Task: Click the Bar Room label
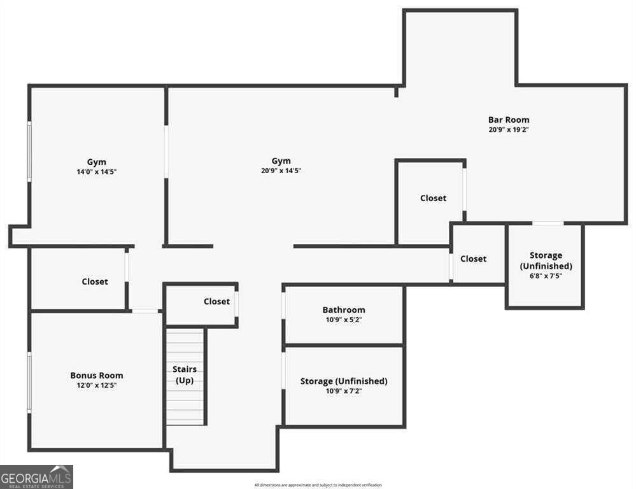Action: pyautogui.click(x=509, y=120)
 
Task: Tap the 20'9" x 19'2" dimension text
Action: pyautogui.click(x=509, y=130)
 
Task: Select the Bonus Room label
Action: pyautogui.click(x=97, y=376)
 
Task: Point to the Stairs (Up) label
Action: pyautogui.click(x=185, y=374)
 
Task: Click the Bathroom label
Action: pyautogui.click(x=344, y=309)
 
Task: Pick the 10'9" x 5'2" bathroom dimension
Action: pyautogui.click(x=344, y=320)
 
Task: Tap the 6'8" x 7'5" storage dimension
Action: pyautogui.click(x=546, y=276)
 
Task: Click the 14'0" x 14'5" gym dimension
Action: pyautogui.click(x=97, y=172)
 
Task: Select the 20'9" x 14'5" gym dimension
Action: pyautogui.click(x=281, y=171)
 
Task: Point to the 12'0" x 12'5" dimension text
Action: pyautogui.click(x=97, y=385)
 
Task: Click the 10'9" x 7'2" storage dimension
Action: pyautogui.click(x=344, y=391)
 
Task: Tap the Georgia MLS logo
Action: pyautogui.click(x=36, y=477)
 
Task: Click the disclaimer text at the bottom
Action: pyautogui.click(x=318, y=485)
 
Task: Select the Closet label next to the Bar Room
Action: pyautogui.click(x=433, y=198)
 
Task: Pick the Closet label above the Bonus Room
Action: pyautogui.click(x=95, y=281)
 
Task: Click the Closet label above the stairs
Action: pyautogui.click(x=216, y=302)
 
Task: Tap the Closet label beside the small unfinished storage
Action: pyautogui.click(x=474, y=259)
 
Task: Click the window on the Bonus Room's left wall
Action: pyautogui.click(x=29, y=382)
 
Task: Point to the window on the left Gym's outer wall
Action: pyautogui.click(x=29, y=152)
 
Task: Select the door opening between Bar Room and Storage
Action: pyautogui.click(x=548, y=223)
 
